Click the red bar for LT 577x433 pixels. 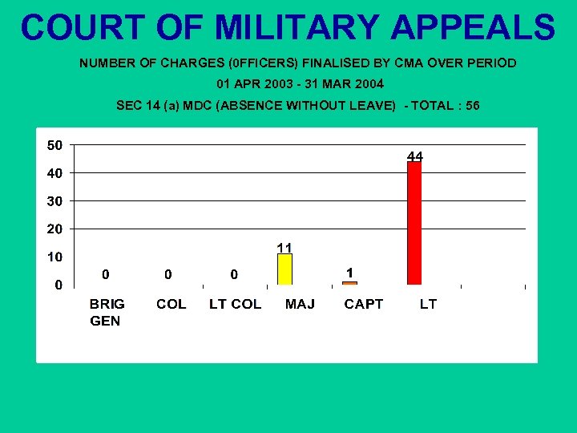[x=414, y=223]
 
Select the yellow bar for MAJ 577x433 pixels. [x=284, y=269]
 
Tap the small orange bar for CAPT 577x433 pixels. [x=349, y=283]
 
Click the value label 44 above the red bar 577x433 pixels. [x=415, y=156]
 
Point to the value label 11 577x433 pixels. [x=284, y=247]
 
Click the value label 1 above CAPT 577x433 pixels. [x=349, y=273]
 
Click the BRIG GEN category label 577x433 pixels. [x=107, y=312]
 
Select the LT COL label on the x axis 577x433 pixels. [x=235, y=304]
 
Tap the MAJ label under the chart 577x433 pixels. [x=300, y=304]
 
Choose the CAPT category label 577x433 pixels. [x=364, y=304]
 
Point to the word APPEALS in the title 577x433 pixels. [x=473, y=27]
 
